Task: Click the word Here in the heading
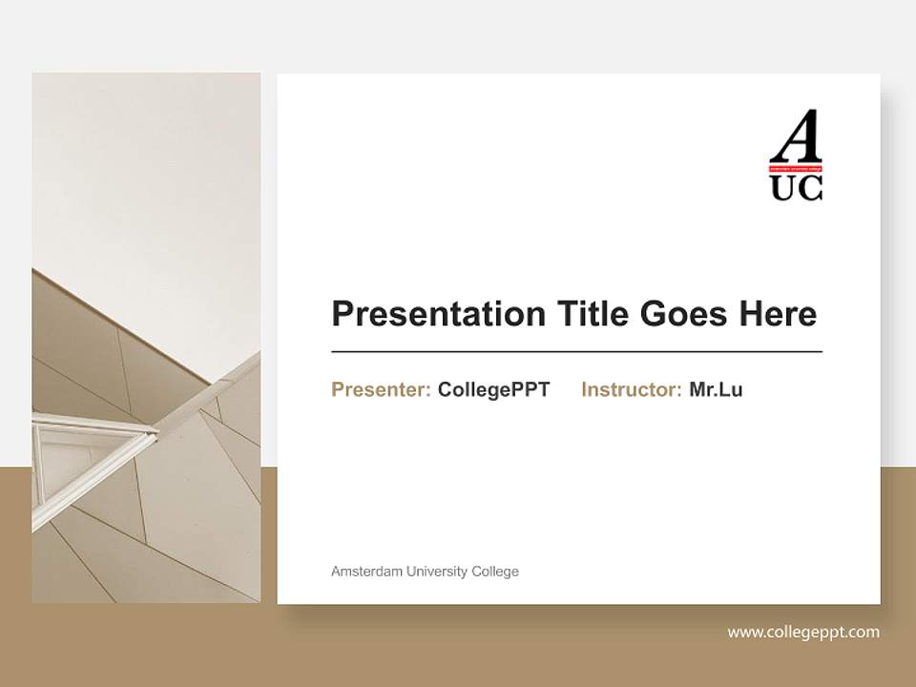click(777, 314)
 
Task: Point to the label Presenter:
click(381, 389)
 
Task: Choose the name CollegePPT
click(493, 389)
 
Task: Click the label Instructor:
click(631, 389)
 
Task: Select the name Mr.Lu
click(716, 389)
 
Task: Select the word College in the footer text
click(495, 572)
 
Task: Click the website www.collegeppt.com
click(803, 632)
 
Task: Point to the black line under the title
click(576, 352)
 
